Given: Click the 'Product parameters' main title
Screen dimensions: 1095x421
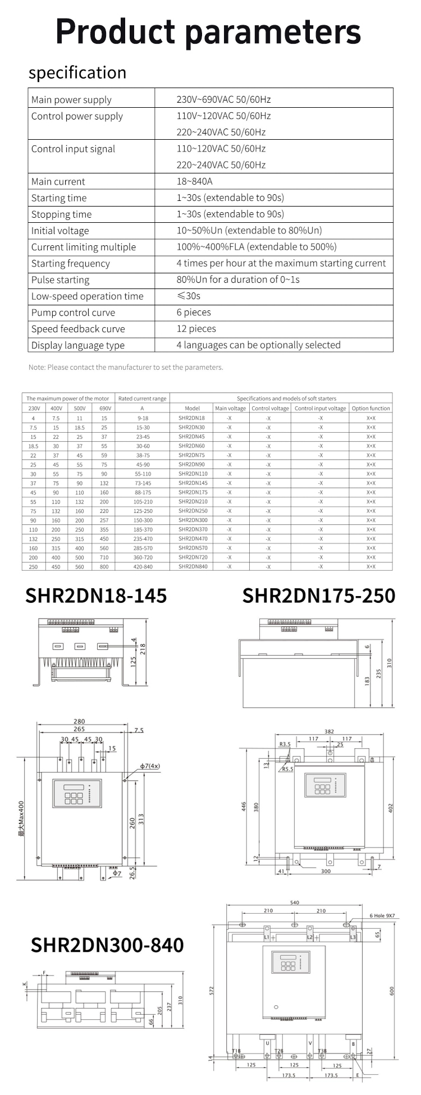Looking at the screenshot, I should [208, 32].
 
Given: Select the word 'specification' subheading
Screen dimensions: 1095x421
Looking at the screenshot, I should [77, 73].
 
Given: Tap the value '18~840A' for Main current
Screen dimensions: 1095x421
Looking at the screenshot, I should [194, 181].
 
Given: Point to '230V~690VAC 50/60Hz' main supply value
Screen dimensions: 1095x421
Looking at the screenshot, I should [223, 99].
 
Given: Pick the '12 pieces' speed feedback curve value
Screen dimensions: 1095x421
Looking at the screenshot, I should [196, 328].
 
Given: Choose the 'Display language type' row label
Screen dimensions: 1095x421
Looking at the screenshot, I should [78, 345].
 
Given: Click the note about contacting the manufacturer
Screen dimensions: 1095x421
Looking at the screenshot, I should [126, 367].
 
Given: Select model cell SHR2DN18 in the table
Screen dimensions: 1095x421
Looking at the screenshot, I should [192, 418].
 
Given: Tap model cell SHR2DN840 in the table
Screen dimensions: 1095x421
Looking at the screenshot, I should [193, 566].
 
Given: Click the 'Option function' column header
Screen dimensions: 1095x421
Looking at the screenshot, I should [370, 408].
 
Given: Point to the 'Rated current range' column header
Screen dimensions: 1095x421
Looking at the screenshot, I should [142, 398].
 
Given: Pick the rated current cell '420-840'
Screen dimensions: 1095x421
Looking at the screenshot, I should [141, 566].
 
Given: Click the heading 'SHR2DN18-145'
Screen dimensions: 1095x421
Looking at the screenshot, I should [96, 595].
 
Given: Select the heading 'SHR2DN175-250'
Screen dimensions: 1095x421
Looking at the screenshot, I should [318, 595].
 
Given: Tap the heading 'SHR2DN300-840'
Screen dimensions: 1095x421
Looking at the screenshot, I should [107, 945].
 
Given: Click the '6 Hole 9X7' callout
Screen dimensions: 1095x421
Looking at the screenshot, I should [382, 915].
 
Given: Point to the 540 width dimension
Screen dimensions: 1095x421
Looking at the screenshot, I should [295, 902].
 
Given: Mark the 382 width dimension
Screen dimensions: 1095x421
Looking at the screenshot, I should [330, 731].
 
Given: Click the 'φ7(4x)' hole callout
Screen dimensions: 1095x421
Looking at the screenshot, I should [150, 766].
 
